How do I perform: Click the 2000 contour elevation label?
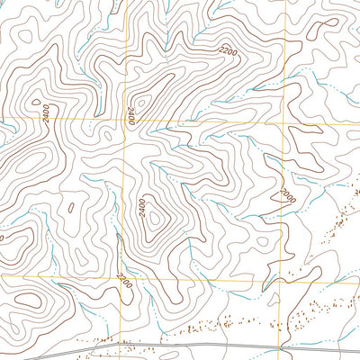pyautogui.click(x=287, y=194)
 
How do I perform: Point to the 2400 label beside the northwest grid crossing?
pyautogui.click(x=131, y=115)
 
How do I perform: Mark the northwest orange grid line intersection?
pyautogui.click(x=123, y=119)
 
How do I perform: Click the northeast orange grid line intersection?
pyautogui.click(x=286, y=119)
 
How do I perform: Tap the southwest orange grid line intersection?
pyautogui.click(x=121, y=277)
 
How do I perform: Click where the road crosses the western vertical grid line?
pyautogui.click(x=121, y=343)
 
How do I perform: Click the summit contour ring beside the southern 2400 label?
pyautogui.click(x=154, y=216)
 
